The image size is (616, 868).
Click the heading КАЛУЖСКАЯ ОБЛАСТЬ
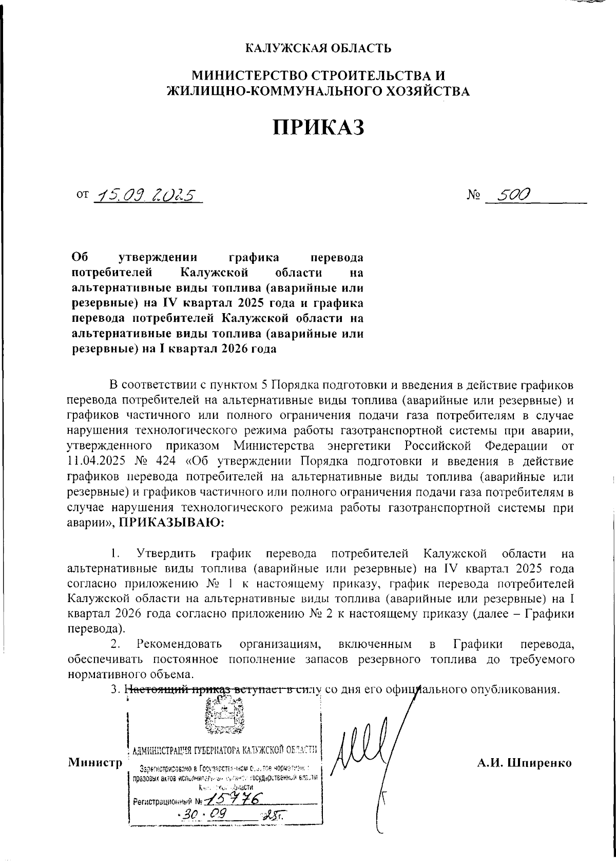tap(318, 49)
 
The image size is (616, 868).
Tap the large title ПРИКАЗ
tap(318, 127)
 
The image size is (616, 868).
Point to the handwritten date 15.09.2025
tap(146, 195)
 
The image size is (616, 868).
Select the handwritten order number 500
tap(508, 194)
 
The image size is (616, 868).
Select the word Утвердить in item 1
tap(167, 554)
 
